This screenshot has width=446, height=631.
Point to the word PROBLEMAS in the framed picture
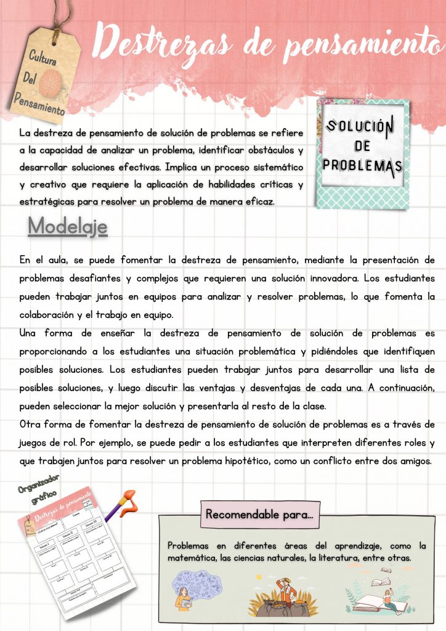362,165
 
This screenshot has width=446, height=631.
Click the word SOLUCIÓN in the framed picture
360,127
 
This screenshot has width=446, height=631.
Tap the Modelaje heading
68,227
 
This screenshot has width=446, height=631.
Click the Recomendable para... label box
259,514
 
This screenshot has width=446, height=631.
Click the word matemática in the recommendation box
190,558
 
